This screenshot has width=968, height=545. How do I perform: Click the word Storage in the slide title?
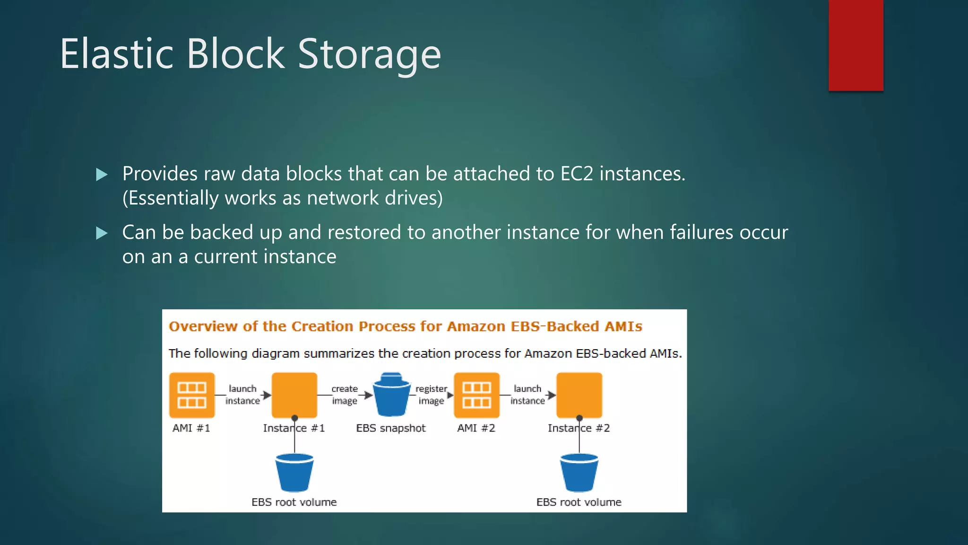[369, 54]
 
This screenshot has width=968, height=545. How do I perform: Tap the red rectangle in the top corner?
[856, 45]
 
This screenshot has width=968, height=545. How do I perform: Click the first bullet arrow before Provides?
[102, 175]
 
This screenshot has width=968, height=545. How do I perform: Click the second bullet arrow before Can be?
[102, 233]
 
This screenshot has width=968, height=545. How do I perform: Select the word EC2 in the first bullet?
[577, 174]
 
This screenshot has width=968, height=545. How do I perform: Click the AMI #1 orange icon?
[192, 395]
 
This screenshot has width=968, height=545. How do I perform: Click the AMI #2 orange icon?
[476, 395]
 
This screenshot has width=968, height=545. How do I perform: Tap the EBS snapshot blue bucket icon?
[391, 395]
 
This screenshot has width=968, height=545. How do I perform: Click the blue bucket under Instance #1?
[294, 473]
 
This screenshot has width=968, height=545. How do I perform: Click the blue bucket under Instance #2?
[579, 473]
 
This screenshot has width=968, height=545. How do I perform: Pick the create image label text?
[345, 395]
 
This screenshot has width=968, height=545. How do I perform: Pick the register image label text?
[431, 395]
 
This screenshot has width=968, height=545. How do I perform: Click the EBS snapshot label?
[391, 428]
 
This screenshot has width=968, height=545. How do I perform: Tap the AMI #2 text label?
[476, 428]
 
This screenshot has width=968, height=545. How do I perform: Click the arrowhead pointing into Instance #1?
[267, 395]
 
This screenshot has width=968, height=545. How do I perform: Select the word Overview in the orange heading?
[203, 326]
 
